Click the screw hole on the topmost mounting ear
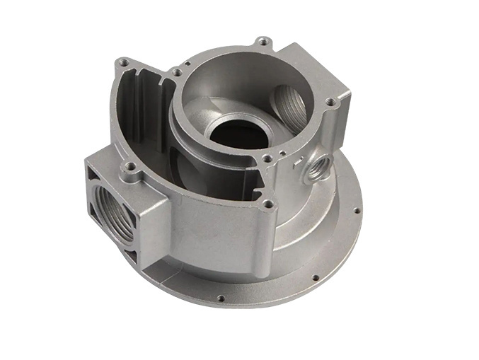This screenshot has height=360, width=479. [x=263, y=42]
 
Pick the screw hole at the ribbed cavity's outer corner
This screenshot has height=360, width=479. [x=125, y=64]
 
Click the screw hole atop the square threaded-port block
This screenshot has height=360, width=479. [x=129, y=168]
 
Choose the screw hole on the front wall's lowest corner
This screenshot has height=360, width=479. [x=268, y=205]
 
